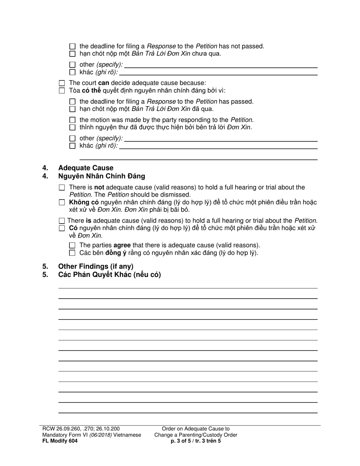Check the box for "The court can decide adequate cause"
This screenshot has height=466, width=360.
[x=62, y=83]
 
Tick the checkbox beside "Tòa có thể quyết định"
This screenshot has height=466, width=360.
[x=62, y=91]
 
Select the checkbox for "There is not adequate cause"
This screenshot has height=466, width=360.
[x=62, y=188]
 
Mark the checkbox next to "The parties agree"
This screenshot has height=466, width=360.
[x=73, y=246]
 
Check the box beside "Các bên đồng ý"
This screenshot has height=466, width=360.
[x=73, y=253]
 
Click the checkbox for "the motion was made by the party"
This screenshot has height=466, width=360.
[x=73, y=120]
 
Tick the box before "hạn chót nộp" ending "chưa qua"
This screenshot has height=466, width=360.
[x=73, y=54]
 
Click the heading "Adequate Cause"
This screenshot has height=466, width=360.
[x=86, y=168]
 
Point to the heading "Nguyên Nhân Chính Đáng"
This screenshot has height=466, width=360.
[x=102, y=176]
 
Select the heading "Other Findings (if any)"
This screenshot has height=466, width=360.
[x=96, y=266]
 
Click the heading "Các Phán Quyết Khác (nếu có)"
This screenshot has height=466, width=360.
[x=110, y=275]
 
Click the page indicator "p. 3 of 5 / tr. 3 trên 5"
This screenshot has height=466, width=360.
[x=196, y=441]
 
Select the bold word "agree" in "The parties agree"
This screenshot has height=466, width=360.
[x=122, y=246]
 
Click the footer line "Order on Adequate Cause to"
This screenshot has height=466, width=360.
[x=196, y=429]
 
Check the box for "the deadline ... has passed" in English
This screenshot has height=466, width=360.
[x=73, y=102]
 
